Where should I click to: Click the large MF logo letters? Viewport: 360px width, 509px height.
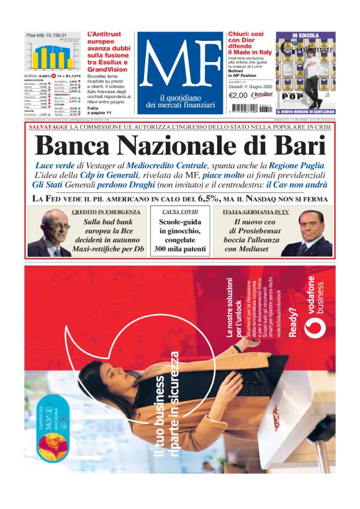[179, 64]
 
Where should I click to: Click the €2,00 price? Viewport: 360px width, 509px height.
[238, 95]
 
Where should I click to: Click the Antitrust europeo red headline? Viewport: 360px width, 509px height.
[108, 52]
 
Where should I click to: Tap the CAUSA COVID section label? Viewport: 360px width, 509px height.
[179, 212]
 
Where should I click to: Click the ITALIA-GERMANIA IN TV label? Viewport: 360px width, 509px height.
[256, 212]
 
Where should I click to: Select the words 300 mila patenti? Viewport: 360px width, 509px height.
[179, 249]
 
